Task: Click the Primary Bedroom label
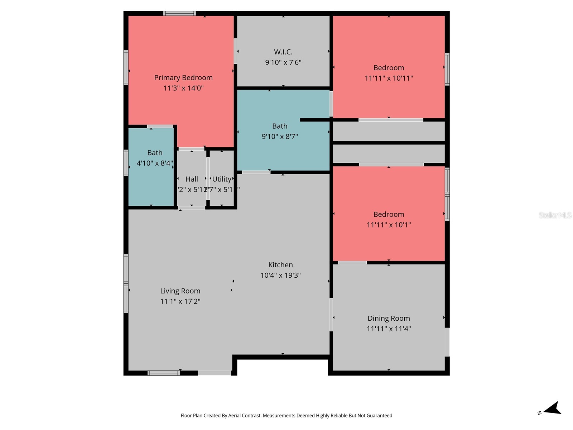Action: tap(183, 78)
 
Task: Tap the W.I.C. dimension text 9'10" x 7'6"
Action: tap(283, 62)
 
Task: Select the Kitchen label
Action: tap(280, 265)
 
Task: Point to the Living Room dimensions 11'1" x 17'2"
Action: tap(180, 301)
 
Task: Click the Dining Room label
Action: tap(389, 318)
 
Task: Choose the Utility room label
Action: tap(222, 179)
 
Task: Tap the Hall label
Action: tap(192, 179)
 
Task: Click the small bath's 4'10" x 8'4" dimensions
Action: tap(155, 163)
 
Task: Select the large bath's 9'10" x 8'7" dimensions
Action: tap(280, 137)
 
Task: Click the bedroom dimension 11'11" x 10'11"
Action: tap(389, 78)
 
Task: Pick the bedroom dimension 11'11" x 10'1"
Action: tap(389, 225)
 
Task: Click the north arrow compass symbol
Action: tap(553, 408)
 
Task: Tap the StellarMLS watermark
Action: tap(555, 215)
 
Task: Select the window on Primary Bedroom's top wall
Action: tap(179, 14)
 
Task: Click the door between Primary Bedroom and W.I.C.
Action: tap(235, 51)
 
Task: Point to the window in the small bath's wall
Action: tap(126, 163)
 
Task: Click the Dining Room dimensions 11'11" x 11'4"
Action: tap(389, 329)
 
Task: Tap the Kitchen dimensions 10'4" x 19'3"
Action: tap(280, 275)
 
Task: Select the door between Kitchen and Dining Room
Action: tap(331, 315)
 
